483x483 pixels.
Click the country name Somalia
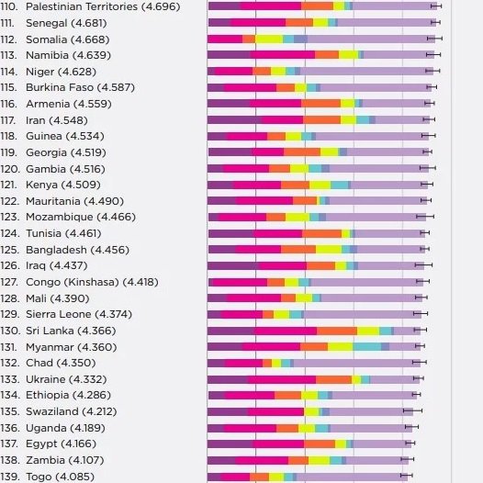pyautogui.click(x=46, y=39)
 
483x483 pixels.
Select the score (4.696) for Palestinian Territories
pyautogui.click(x=161, y=6)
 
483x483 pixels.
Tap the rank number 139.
pyautogui.click(x=10, y=477)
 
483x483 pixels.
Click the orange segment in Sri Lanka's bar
pyautogui.click(x=337, y=331)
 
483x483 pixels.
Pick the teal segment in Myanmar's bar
pyautogui.click(x=367, y=347)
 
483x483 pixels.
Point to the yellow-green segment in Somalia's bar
pyautogui.click(x=269, y=39)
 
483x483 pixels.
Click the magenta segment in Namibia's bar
pyautogui.click(x=283, y=55)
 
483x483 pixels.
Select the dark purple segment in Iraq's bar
pyautogui.click(x=233, y=265)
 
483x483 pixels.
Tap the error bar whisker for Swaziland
pyautogui.click(x=412, y=410)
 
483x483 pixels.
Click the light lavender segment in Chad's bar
pyautogui.click(x=356, y=363)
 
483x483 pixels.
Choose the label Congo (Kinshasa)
pyautogui.click(x=73, y=282)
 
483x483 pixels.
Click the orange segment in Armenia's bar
pyautogui.click(x=321, y=103)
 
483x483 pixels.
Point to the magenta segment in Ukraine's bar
pyautogui.click(x=282, y=379)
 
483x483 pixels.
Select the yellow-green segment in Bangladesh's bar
pyautogui.click(x=329, y=249)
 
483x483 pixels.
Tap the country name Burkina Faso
pyautogui.click(x=60, y=87)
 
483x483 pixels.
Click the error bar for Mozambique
pyautogui.click(x=425, y=217)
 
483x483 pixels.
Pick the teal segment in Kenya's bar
pyautogui.click(x=340, y=185)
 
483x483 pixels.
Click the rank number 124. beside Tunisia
pyautogui.click(x=10, y=233)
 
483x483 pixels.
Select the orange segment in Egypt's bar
pyautogui.click(x=320, y=444)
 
